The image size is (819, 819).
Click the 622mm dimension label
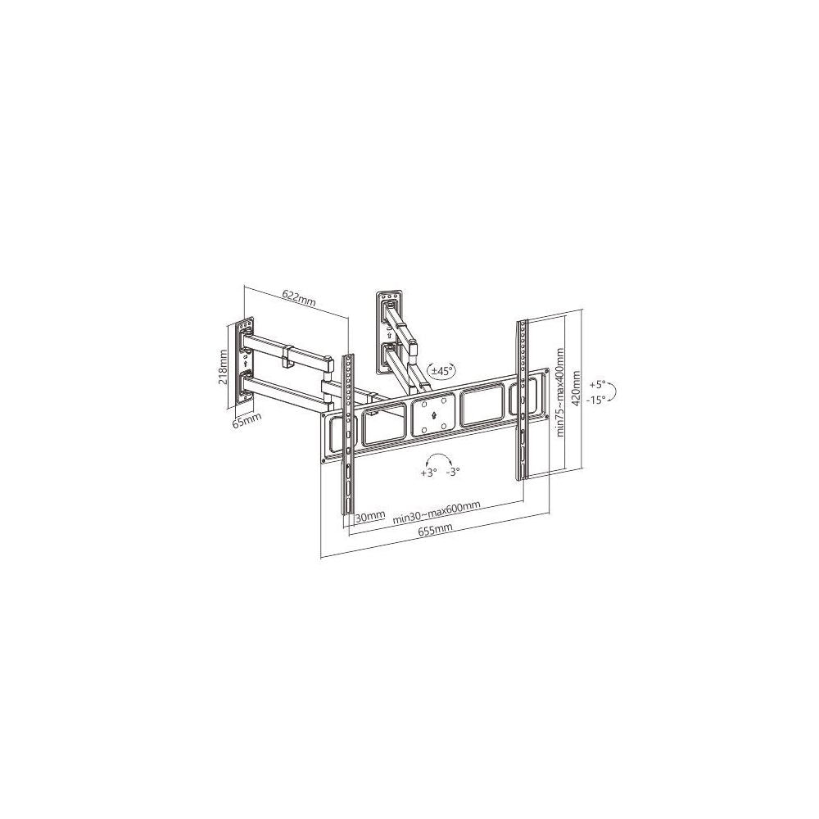click(299, 298)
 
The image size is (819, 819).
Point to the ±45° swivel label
click(442, 371)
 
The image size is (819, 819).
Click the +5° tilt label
click(598, 384)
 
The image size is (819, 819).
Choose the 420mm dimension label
click(577, 389)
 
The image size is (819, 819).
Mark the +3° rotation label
click(428, 473)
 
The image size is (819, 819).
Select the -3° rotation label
click(454, 472)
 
